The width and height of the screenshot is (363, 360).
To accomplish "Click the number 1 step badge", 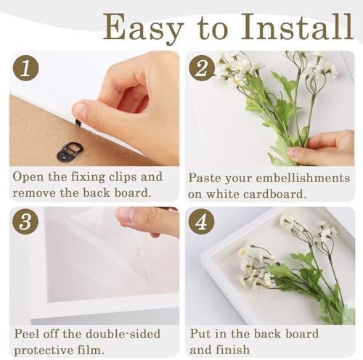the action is click(x=25, y=68).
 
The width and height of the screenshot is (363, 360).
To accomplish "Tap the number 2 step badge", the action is click(x=202, y=68).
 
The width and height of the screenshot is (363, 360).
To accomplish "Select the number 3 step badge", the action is click(x=25, y=222).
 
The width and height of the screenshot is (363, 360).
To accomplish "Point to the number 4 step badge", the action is click(x=202, y=222).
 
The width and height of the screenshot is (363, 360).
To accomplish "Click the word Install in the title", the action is click(x=298, y=27).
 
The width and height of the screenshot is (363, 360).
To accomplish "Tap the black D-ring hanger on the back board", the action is click(x=70, y=151).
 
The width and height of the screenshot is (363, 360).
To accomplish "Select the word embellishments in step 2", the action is click(x=303, y=179).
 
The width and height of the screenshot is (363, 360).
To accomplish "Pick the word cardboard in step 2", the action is click(x=275, y=195).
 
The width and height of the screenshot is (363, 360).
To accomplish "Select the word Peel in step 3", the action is click(x=28, y=334).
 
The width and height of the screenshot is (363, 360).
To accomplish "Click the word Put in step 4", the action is click(x=200, y=333).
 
